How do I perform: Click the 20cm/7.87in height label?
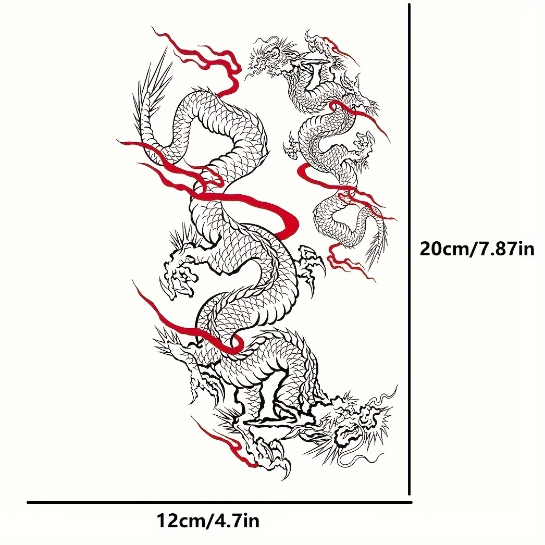click(x=477, y=249)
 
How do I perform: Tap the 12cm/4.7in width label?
click(x=208, y=521)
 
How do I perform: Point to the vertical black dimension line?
click(x=410, y=250)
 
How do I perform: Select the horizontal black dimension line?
click(x=219, y=502)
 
